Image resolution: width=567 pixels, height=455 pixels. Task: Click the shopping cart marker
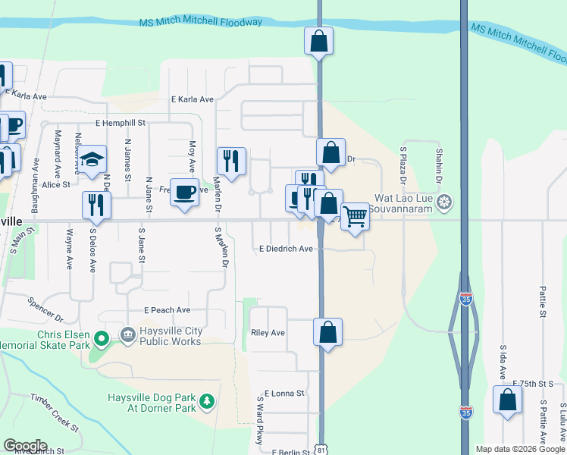[x=355, y=216]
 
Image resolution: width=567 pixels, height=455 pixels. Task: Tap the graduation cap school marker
[x=92, y=160]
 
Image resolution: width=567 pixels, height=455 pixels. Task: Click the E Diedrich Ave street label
[x=286, y=249]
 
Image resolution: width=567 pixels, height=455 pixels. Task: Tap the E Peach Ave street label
[x=167, y=310]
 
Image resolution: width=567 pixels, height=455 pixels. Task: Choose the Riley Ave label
[x=268, y=333]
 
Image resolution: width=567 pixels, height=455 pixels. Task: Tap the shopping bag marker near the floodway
[x=319, y=41]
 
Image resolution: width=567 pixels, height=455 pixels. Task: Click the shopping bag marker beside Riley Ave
[x=327, y=332]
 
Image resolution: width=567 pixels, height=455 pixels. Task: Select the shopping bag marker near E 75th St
[x=507, y=400]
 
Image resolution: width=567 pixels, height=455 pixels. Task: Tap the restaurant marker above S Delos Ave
[x=96, y=205]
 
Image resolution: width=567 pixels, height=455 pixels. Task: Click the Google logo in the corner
[x=25, y=445]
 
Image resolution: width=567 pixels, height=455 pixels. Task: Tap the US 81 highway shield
[x=321, y=450]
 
